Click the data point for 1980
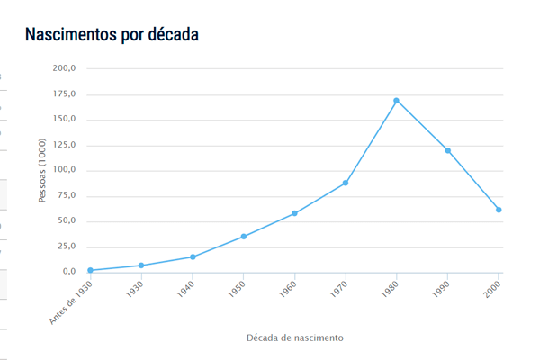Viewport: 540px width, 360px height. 396,100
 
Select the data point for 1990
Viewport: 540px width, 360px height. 447,150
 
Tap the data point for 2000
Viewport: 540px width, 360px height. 499,210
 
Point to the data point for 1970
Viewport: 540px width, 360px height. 346,183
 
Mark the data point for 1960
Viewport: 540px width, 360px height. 294,213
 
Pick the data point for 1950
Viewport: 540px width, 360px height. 243,237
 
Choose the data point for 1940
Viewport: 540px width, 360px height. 193,256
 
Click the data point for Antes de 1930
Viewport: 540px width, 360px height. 91,270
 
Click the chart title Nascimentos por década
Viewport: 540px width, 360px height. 112,35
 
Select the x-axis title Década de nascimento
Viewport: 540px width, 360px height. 294,337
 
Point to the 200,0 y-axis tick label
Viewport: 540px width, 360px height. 64,68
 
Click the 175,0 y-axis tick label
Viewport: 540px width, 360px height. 64,94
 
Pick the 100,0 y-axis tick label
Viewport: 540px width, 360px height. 64,170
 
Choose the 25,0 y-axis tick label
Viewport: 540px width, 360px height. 66,246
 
